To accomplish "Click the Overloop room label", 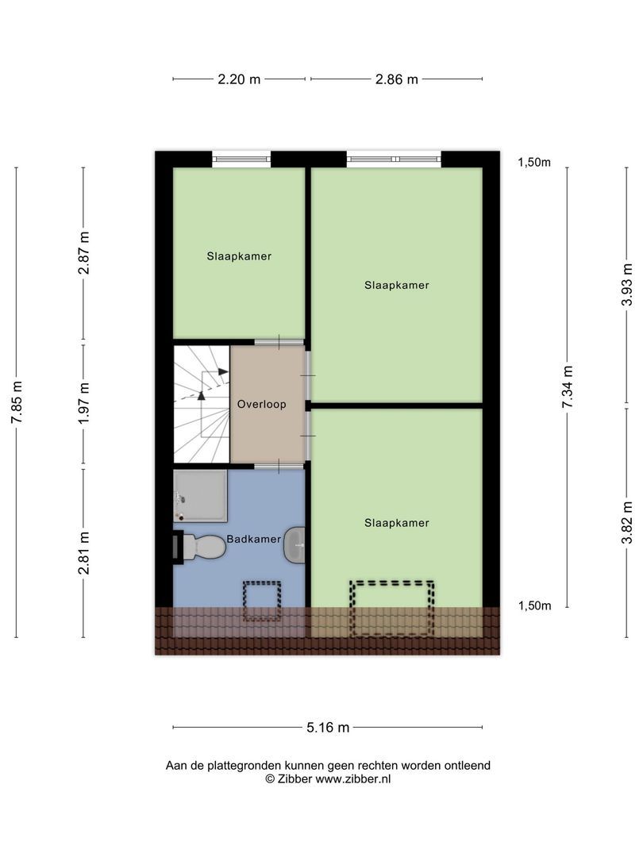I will [261, 404].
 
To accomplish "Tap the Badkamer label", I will [253, 539].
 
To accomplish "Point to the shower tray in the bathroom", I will [200, 495].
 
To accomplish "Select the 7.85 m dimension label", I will [17, 402].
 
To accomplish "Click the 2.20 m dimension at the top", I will [240, 79].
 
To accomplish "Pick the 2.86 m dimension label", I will [396, 79].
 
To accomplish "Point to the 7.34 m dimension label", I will [567, 386].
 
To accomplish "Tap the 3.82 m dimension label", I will [628, 522].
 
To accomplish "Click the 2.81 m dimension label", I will [83, 552].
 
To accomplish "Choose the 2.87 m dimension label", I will [83, 254].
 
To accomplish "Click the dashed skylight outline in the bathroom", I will [262, 601].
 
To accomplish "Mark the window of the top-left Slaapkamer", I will [241, 159].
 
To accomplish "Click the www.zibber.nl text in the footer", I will [353, 779].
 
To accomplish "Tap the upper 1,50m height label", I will [534, 163].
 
